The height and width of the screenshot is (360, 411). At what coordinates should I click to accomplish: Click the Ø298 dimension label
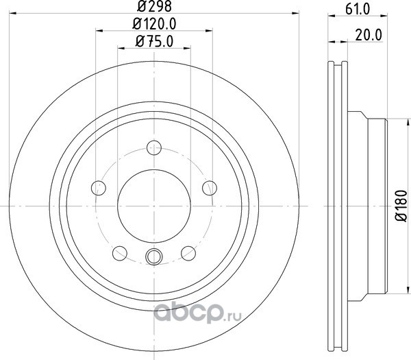(x=154, y=6)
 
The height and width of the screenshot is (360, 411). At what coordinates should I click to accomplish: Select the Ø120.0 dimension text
(x=154, y=24)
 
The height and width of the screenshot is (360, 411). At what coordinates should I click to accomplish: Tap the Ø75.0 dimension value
(x=154, y=41)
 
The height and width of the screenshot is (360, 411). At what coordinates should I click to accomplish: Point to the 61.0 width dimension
(x=358, y=9)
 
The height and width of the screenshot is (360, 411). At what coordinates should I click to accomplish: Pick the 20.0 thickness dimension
(x=369, y=35)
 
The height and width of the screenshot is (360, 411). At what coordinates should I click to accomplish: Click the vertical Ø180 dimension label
(x=401, y=206)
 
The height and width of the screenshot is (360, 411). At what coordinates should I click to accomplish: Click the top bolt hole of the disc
(x=154, y=147)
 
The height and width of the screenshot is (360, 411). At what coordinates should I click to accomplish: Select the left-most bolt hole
(x=99, y=188)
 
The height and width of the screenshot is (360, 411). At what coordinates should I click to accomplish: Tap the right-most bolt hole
(x=210, y=188)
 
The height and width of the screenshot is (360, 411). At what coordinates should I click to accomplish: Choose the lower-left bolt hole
(x=120, y=254)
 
